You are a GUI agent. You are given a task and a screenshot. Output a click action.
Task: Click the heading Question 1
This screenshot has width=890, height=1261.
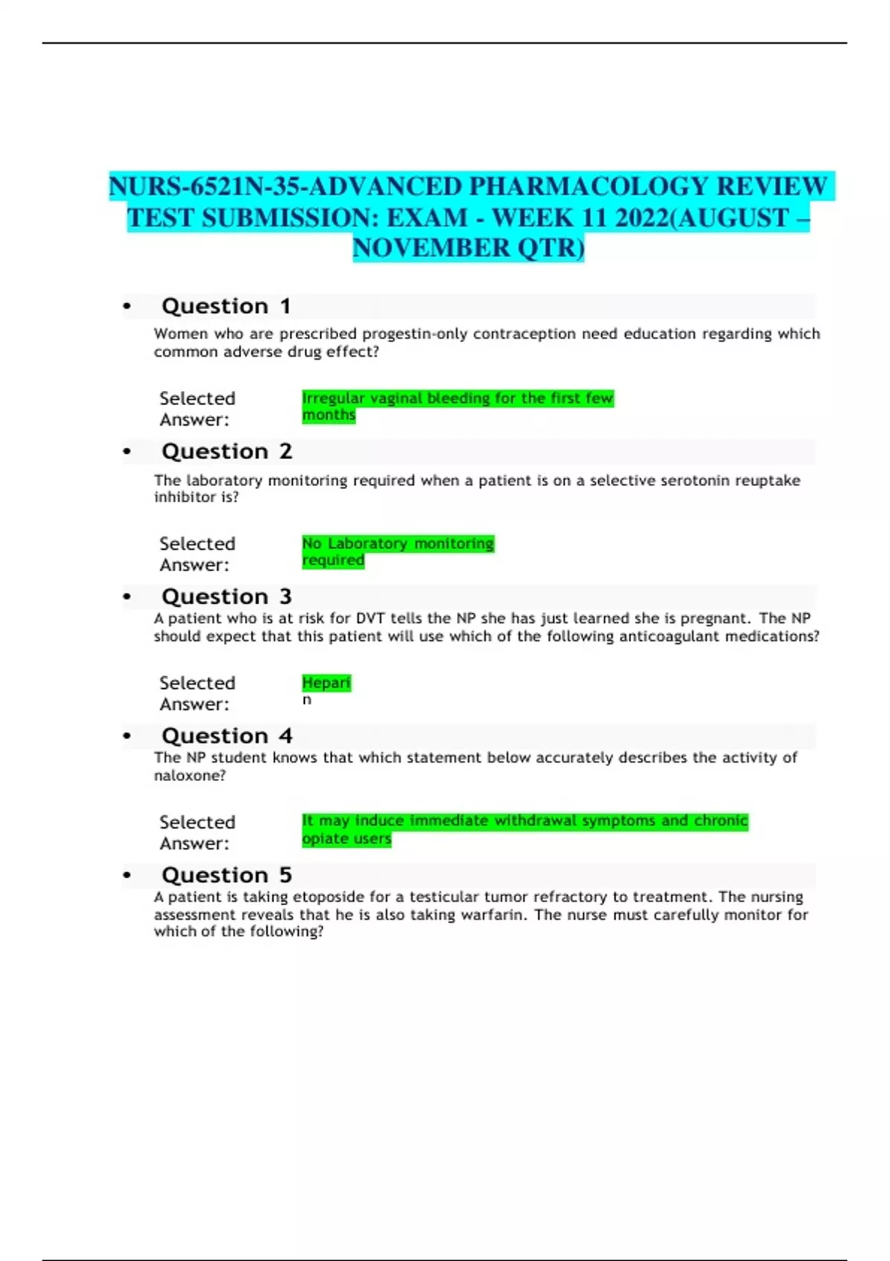tap(225, 306)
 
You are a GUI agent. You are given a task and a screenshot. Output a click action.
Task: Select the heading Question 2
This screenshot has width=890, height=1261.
tap(226, 452)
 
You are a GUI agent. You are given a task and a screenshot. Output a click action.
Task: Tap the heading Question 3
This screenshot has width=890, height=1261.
tap(226, 597)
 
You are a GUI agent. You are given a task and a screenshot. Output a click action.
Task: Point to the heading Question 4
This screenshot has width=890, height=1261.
tap(226, 736)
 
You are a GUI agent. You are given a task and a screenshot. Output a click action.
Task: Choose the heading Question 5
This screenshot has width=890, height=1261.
tap(226, 875)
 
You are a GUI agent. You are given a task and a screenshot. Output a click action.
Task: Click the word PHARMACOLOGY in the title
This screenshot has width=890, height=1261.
tap(587, 186)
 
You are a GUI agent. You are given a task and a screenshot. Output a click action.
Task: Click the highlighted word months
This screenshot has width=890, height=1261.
tap(329, 415)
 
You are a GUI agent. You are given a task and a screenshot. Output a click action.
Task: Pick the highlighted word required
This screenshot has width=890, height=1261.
tap(333, 561)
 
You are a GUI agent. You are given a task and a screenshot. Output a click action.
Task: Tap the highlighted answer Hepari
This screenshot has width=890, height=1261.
tap(326, 682)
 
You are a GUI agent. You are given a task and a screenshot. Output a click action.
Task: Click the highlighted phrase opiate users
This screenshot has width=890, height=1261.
tap(346, 839)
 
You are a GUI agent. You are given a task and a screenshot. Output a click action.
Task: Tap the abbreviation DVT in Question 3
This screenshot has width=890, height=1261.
tap(371, 619)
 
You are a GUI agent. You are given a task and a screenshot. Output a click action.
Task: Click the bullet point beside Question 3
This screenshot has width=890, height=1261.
tap(127, 597)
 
